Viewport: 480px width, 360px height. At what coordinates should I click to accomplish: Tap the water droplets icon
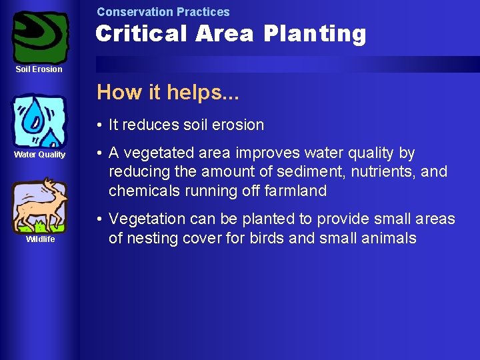39,121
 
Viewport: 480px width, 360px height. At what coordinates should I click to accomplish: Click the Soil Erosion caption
39,69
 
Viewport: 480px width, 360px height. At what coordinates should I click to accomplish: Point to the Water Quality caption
40,155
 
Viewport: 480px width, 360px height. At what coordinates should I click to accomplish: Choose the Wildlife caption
40,239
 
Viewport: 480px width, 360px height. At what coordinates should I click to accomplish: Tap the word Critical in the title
141,33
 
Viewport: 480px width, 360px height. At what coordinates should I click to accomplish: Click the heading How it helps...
167,92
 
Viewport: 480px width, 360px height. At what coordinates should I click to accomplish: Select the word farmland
294,191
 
